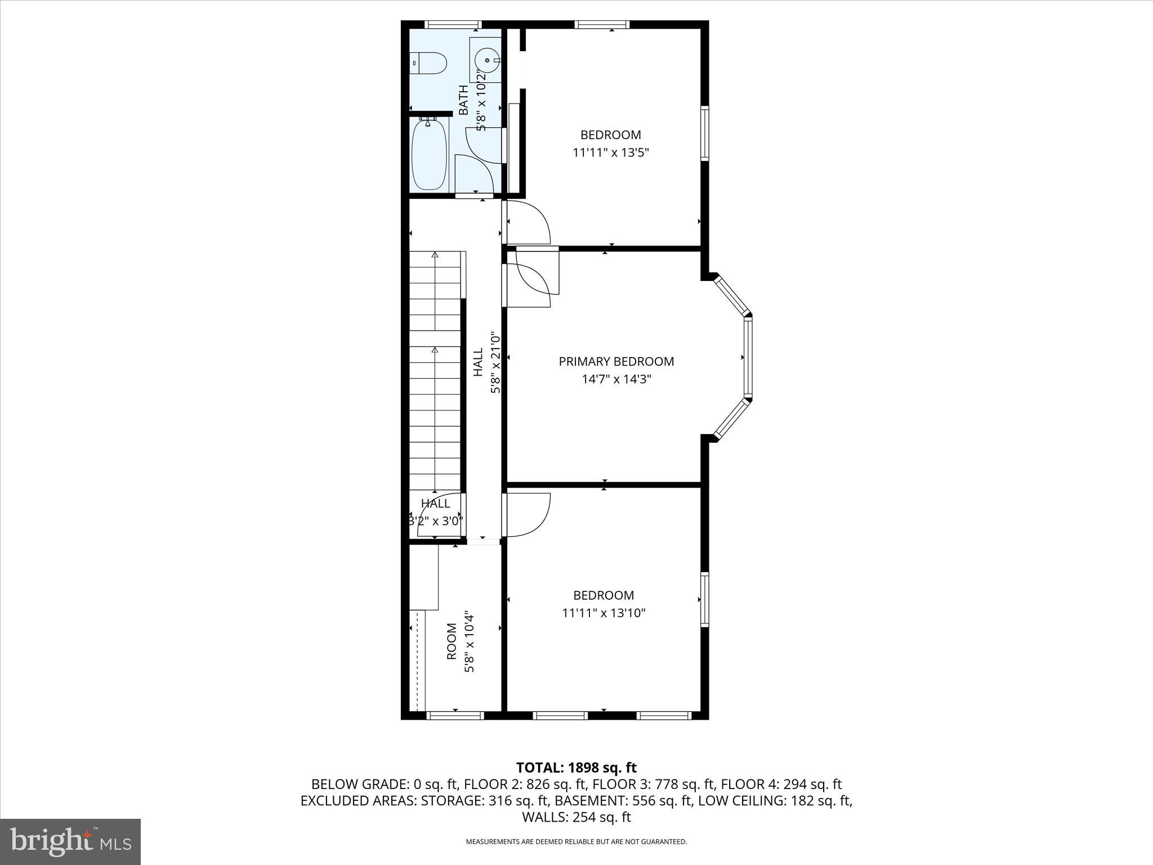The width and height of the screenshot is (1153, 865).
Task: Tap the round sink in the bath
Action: [485, 59]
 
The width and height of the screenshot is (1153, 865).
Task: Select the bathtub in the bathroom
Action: [430, 154]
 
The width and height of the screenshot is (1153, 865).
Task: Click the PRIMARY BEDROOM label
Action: [616, 362]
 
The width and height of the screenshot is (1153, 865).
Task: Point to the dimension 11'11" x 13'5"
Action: [611, 153]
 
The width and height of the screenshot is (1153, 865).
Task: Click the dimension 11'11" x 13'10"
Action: [604, 613]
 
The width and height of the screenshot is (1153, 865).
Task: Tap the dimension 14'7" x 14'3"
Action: [616, 379]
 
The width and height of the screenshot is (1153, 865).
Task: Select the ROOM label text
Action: [452, 641]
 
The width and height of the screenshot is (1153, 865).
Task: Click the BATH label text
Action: [463, 100]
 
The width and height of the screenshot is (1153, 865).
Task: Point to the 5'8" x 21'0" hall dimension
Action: [495, 363]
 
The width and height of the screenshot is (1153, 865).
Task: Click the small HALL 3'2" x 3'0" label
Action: [436, 512]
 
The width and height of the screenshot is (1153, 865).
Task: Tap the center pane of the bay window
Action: [748, 357]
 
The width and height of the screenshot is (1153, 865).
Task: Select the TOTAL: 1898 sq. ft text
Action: [576, 768]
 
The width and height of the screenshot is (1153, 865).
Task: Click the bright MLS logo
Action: [70, 842]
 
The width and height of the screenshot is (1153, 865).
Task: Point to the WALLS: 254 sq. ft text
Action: [576, 817]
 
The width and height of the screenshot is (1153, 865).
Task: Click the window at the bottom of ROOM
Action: [455, 716]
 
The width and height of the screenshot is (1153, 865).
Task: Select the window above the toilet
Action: [453, 24]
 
